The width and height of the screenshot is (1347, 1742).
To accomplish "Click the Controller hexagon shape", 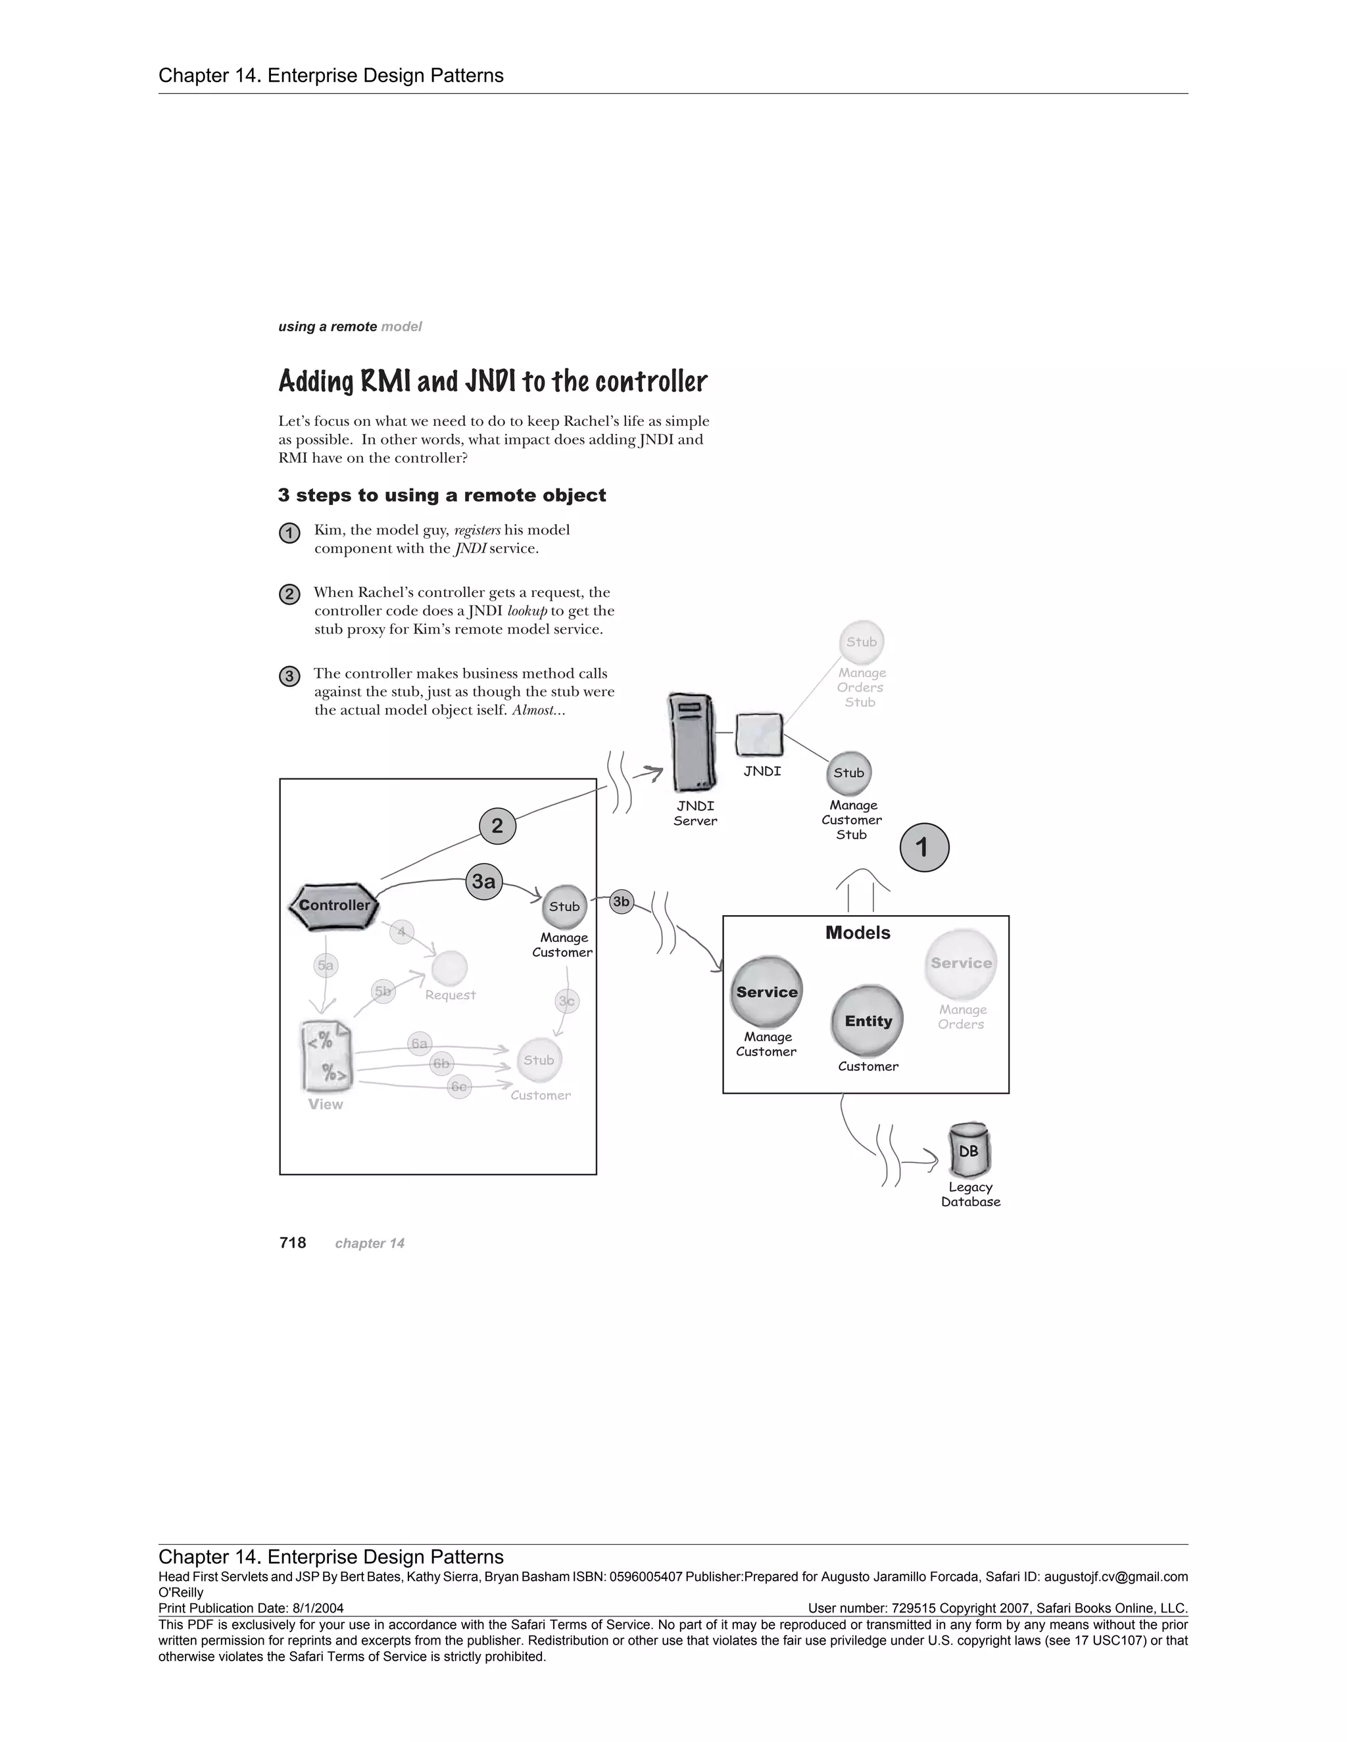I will (x=333, y=906).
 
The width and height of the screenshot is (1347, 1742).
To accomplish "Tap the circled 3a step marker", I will (x=483, y=882).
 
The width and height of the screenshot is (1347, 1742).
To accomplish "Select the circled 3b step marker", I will (x=621, y=902).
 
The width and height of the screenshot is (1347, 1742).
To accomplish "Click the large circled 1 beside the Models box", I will (x=924, y=847).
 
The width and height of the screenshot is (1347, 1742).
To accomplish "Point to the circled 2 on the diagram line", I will (x=497, y=826).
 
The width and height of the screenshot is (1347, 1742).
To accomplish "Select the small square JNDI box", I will (x=759, y=735).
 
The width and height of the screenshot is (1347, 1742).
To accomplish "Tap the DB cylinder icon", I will (x=969, y=1151).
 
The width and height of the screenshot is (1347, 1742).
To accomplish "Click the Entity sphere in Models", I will (x=868, y=1021).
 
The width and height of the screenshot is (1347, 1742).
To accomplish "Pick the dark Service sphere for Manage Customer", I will (x=767, y=992).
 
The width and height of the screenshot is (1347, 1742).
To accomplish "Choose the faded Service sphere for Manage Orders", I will (x=962, y=964).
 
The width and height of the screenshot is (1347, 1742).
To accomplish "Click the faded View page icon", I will (x=326, y=1056).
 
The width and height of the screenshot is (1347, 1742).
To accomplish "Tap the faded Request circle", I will (x=449, y=968).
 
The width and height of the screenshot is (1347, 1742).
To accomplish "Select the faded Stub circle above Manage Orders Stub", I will (x=862, y=642).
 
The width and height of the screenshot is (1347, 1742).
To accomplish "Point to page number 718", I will (x=293, y=1242).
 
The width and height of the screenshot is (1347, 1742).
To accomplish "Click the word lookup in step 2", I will (x=527, y=611).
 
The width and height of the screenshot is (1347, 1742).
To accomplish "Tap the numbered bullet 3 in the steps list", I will (x=289, y=676).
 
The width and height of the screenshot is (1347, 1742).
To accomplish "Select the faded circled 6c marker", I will (x=459, y=1087).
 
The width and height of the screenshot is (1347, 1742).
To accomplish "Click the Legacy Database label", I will (x=970, y=1194).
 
